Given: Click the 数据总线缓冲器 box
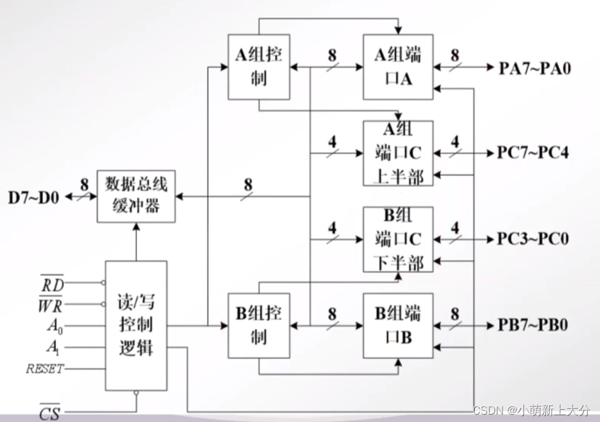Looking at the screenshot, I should pyautogui.click(x=136, y=196).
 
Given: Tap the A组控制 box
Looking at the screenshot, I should pyautogui.click(x=259, y=67).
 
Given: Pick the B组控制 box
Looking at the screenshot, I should pyautogui.click(x=259, y=326).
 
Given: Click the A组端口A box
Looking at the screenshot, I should pyautogui.click(x=398, y=67).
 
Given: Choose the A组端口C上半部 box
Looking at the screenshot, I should pyautogui.click(x=398, y=153).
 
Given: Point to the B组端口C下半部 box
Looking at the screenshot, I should pyautogui.click(x=398, y=239).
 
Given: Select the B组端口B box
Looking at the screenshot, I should pyautogui.click(x=398, y=326).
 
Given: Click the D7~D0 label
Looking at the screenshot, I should pyautogui.click(x=34, y=198).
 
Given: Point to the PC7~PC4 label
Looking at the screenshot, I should pyautogui.click(x=533, y=153).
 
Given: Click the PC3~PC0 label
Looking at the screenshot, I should pyautogui.click(x=533, y=239).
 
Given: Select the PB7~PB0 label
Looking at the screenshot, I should pyautogui.click(x=533, y=325).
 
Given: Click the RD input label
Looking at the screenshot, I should pyautogui.click(x=52, y=284).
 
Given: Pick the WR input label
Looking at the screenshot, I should pyautogui.click(x=52, y=304).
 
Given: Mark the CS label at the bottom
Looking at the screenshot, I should pyautogui.click(x=50, y=412).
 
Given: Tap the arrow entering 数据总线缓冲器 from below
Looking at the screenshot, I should pyautogui.click(x=136, y=227).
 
